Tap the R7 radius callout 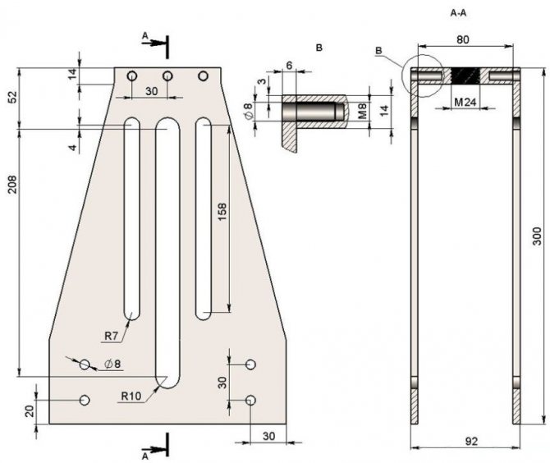click(112, 336)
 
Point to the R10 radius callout click(131, 396)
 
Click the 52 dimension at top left click(12, 97)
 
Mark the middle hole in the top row click(167, 76)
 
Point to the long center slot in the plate click(167, 246)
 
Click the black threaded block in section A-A click(466, 76)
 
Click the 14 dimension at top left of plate click(72, 75)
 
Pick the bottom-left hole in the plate click(84, 400)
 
